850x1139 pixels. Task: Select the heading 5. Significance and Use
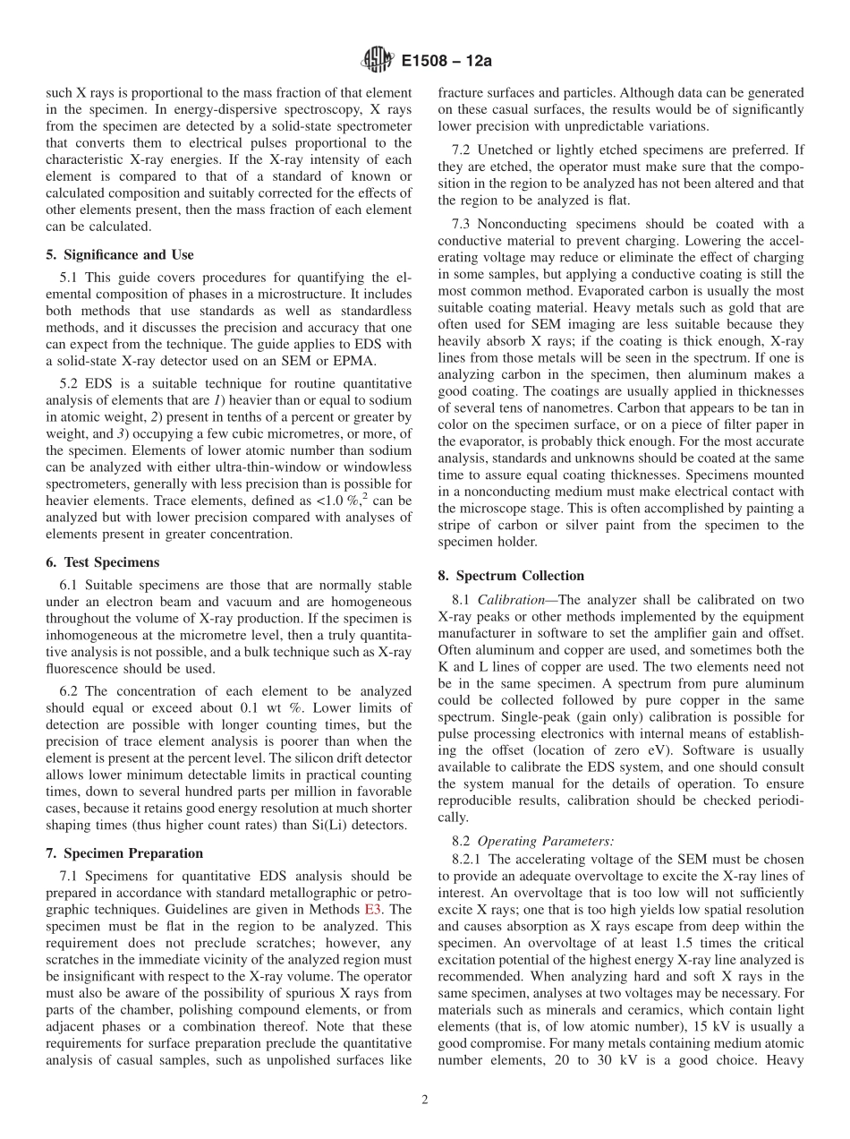tap(119, 255)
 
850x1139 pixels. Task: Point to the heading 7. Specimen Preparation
tap(124, 852)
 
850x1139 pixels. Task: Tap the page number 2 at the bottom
tap(425, 1100)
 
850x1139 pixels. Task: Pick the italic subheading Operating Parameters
tap(546, 841)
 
